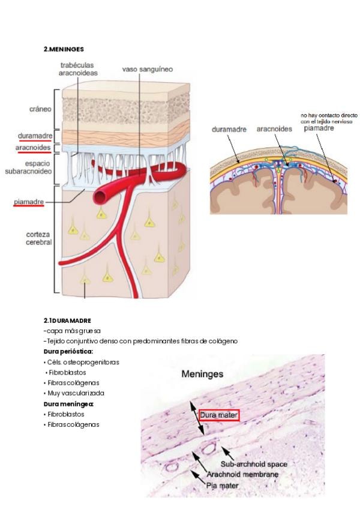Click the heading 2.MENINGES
click(64, 49)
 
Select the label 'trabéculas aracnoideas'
click(76, 68)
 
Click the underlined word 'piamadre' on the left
click(28, 202)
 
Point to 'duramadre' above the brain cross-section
click(231, 129)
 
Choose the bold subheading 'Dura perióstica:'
click(68, 352)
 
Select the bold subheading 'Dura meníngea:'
click(68, 404)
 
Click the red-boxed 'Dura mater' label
click(220, 415)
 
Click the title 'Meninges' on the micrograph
click(203, 374)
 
